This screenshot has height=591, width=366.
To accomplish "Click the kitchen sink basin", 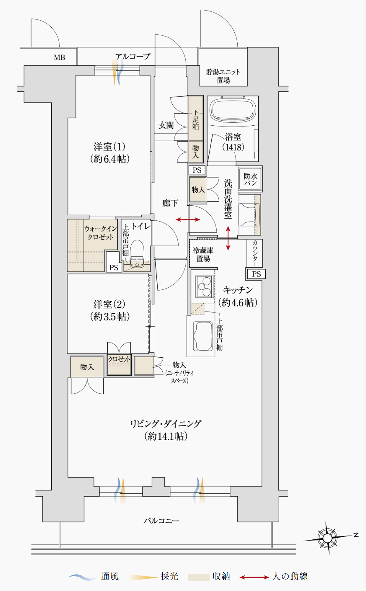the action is tap(203, 336).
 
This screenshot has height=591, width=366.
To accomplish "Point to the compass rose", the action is tap(328, 538).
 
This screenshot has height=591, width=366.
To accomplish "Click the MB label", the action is tap(59, 58).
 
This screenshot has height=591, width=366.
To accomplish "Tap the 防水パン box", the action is tap(251, 178).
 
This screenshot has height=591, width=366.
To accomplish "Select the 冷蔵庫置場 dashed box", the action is tap(203, 254).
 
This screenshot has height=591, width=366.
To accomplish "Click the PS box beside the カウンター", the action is tap(256, 274).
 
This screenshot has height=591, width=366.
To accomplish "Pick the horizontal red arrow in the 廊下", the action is tap(188, 219).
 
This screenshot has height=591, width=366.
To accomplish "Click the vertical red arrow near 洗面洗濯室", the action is tap(228, 238).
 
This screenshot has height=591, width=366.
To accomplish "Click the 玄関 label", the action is tap(166, 125).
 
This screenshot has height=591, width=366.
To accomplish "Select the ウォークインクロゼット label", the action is tap(101, 233).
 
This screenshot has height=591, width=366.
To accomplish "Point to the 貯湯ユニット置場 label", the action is tap(223, 76).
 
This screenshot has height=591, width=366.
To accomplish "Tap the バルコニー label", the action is tap(161, 521).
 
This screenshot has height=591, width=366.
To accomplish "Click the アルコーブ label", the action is tap(133, 56).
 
